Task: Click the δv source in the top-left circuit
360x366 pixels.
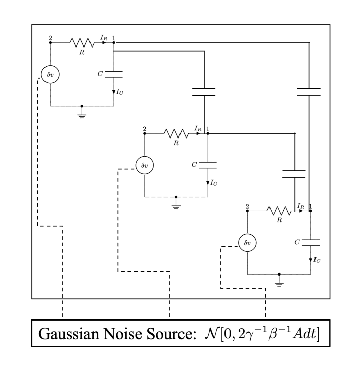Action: click(50, 74)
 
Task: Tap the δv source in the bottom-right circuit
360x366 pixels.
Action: click(247, 243)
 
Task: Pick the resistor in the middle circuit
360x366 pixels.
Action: click(176, 134)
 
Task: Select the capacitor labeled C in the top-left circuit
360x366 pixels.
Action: click(114, 74)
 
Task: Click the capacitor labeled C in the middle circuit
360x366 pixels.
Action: click(208, 165)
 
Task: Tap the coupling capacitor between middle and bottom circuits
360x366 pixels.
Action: click(294, 174)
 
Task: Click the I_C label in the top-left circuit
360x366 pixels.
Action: click(120, 91)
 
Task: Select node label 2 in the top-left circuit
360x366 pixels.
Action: click(50, 38)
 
